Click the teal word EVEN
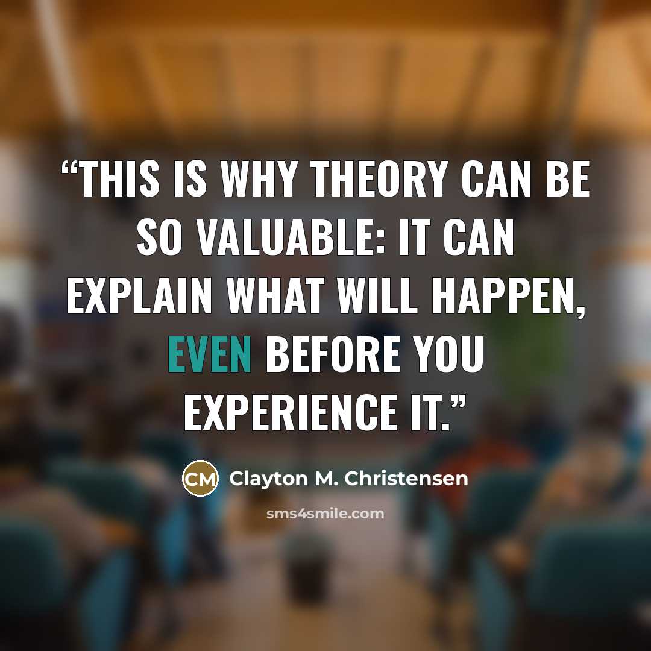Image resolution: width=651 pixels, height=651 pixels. coord(209,354)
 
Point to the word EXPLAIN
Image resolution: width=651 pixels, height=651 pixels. coord(139,295)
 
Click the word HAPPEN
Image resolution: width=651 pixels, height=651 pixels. coord(505,295)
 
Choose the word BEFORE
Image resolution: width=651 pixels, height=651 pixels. coord(333,354)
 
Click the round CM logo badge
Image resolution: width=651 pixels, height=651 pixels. coord(200,478)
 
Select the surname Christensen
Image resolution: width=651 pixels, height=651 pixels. coord(406,478)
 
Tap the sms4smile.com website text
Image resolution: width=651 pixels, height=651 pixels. coord(325,514)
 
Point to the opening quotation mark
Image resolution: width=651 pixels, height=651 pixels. coord(70,168)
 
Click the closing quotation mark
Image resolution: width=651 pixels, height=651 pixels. coord(458,402)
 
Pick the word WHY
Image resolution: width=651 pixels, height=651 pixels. coord(258,179)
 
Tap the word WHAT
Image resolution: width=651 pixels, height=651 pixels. coord(275,295)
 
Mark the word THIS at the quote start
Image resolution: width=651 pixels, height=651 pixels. coord(119,179)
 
